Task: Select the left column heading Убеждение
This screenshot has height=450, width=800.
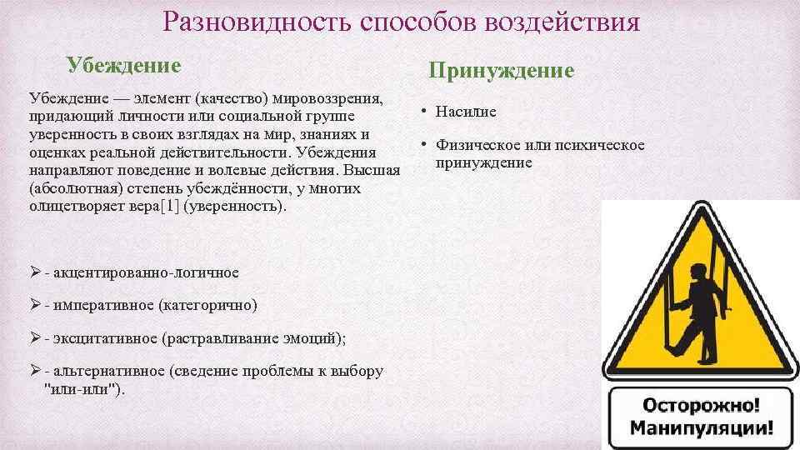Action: (x=123, y=64)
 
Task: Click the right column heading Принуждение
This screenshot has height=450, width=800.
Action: (x=502, y=71)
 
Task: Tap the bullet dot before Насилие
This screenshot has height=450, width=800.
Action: (x=423, y=110)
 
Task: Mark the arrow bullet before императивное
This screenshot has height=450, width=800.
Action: (x=35, y=305)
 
